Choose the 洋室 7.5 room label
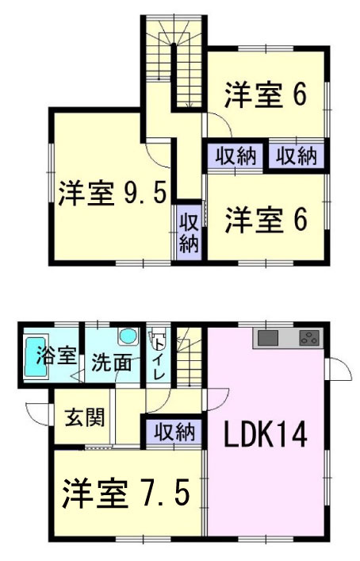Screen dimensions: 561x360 tap(126, 494)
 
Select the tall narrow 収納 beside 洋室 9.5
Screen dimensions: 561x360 tap(189, 230)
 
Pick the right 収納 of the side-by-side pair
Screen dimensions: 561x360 tap(295, 156)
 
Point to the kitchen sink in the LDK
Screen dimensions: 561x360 tap(268, 338)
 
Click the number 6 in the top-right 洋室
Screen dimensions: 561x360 tap(300, 95)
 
